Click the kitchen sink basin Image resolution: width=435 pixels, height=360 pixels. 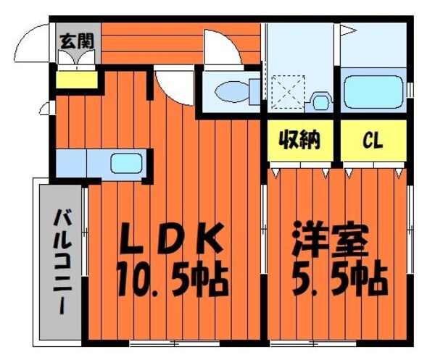tap(125, 163)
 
